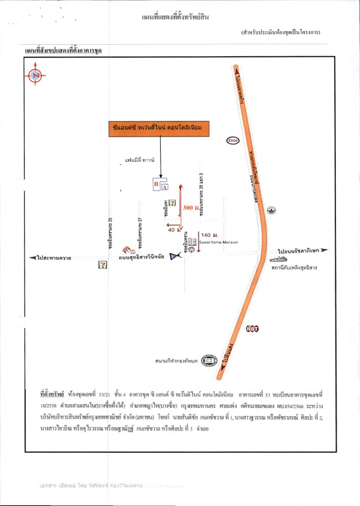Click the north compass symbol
click(x=35, y=76)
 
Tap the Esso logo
click(x=232, y=141)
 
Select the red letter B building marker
click(x=156, y=183)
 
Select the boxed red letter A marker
click(x=165, y=187)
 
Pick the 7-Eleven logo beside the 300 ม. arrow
click(x=172, y=201)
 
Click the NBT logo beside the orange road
click(x=252, y=329)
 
